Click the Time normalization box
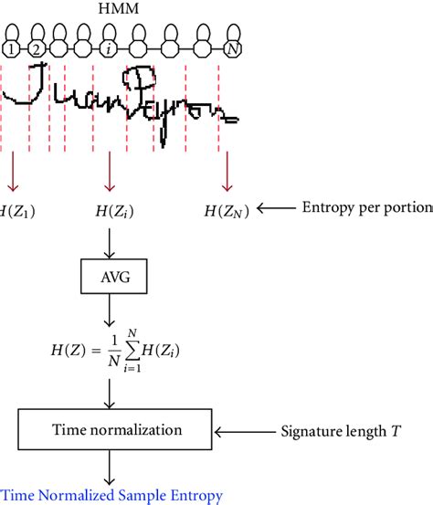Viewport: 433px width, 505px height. click(110, 427)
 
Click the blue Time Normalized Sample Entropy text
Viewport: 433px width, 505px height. click(110, 496)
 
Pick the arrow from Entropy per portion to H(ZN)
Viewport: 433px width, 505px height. click(274, 209)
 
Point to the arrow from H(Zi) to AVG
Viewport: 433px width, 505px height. click(110, 242)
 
